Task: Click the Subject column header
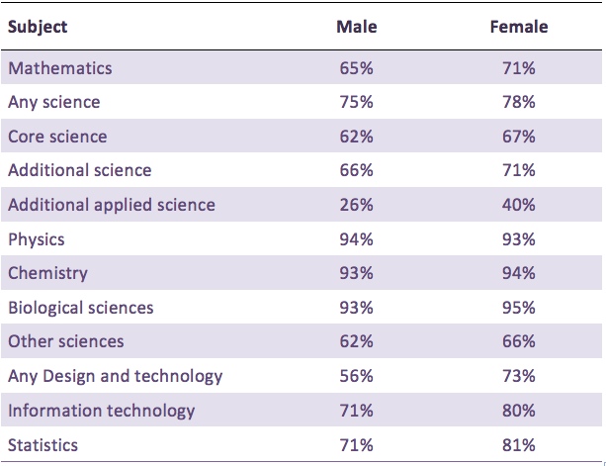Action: (x=37, y=27)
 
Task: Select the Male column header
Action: (x=356, y=27)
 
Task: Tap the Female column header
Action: (x=518, y=27)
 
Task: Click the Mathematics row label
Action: (x=59, y=68)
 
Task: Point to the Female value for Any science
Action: (x=518, y=102)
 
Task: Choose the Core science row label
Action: (x=57, y=136)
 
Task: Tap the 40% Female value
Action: (x=518, y=205)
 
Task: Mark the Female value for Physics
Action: (x=518, y=238)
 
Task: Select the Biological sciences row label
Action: (x=80, y=308)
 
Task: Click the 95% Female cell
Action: (x=518, y=308)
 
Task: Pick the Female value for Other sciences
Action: (x=518, y=341)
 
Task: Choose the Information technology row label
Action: (x=101, y=411)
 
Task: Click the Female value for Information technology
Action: (x=518, y=411)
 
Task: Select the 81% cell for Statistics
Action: (x=518, y=444)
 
